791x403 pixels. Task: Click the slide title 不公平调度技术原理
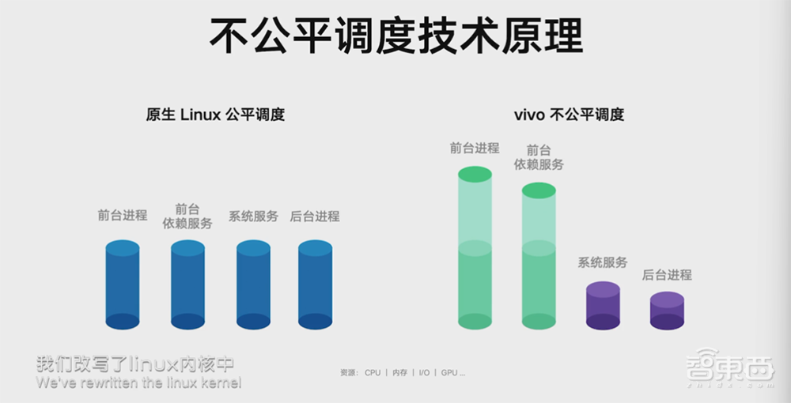tap(395, 35)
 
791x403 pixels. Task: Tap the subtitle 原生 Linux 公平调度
tap(215, 115)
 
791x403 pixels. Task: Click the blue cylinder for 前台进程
tap(123, 284)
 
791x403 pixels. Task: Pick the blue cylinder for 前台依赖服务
tap(188, 284)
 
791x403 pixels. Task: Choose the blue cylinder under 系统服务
tap(253, 284)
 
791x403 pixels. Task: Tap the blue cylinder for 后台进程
tap(315, 284)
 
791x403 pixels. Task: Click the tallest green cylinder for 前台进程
tap(475, 249)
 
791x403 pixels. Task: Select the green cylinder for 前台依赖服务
tap(539, 257)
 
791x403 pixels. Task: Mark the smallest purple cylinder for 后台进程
tap(667, 311)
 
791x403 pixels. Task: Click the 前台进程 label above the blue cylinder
tap(123, 215)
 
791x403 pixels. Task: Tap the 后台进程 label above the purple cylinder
tap(667, 275)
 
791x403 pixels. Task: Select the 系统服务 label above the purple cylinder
tap(603, 262)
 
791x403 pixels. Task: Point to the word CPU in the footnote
tap(373, 372)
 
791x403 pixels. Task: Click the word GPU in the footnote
tap(449, 372)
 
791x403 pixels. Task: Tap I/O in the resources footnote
tap(425, 372)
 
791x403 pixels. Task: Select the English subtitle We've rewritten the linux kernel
tap(138, 383)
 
